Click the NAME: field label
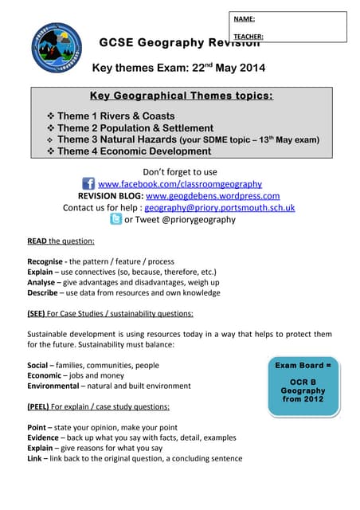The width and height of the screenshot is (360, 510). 245,18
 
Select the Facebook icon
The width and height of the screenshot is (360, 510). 88,184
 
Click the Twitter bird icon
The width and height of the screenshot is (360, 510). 115,219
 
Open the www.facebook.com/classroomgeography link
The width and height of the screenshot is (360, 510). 179,184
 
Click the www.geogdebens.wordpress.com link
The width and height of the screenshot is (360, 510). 213,196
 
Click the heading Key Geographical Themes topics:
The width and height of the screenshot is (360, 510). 181,96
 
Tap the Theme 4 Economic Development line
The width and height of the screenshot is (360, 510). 132,151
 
